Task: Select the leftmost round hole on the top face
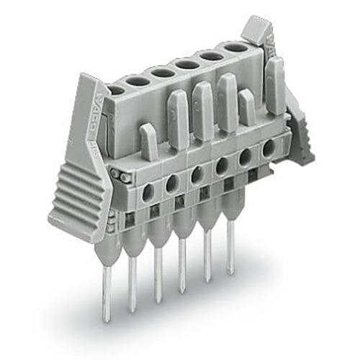point(115,91)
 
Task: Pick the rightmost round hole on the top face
point(234,48)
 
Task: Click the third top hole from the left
point(162,73)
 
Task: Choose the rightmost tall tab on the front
point(275,86)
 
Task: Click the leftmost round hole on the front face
point(148,193)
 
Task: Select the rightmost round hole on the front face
point(269,149)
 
